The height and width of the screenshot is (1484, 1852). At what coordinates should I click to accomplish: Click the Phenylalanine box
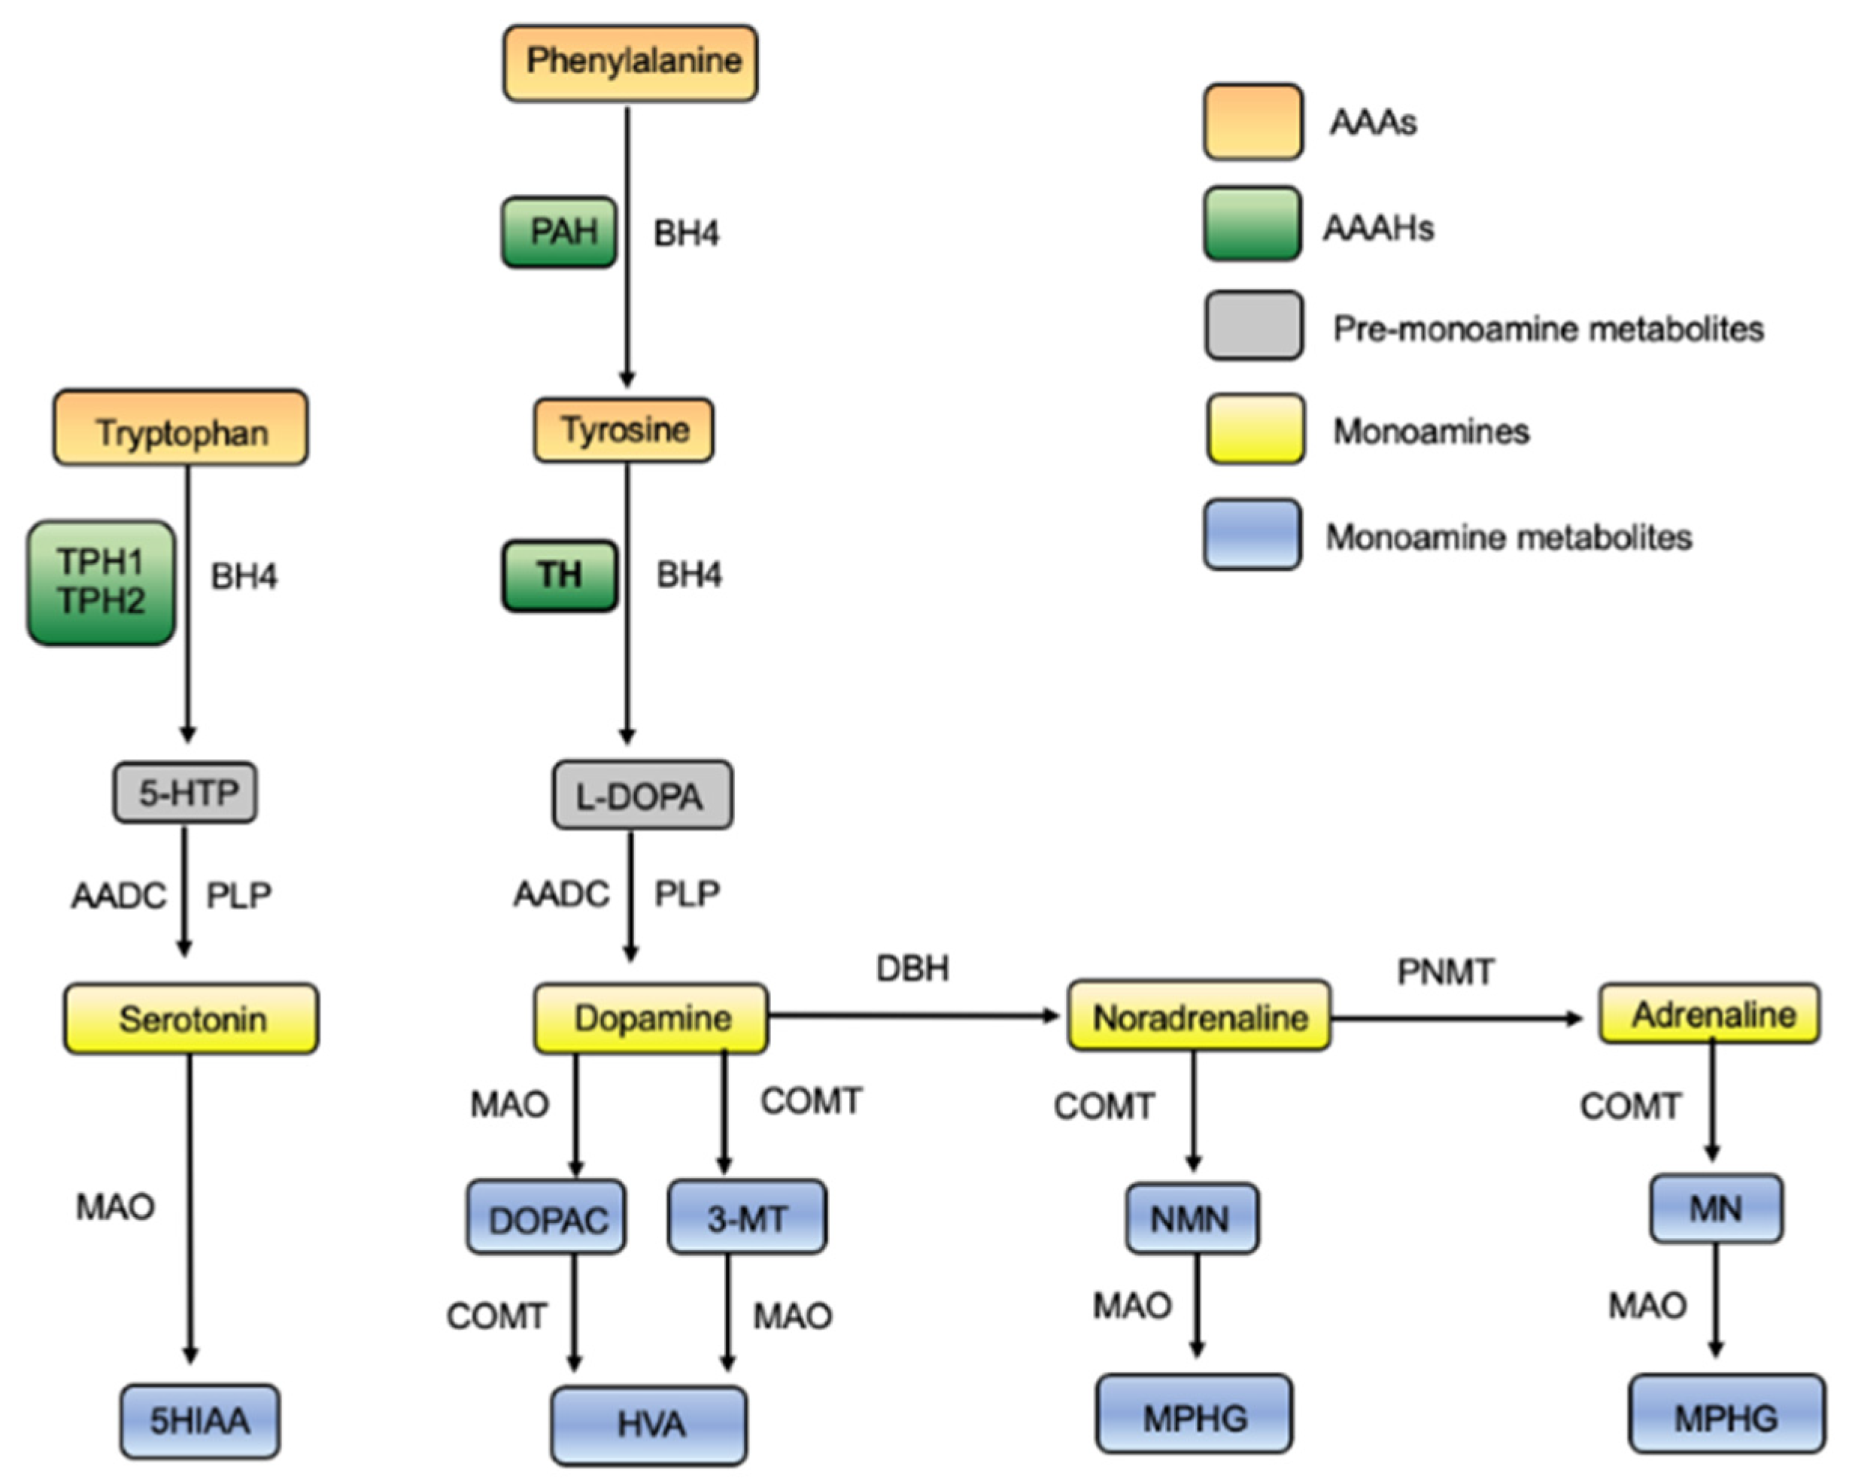pos(630,62)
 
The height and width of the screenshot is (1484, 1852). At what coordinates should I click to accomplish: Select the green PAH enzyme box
pos(559,232)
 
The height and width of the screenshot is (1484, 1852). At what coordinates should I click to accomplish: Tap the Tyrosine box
pos(624,429)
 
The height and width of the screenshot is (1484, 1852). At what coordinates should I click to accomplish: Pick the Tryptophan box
pos(181,428)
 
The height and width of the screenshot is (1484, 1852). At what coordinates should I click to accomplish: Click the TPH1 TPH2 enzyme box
pos(102,582)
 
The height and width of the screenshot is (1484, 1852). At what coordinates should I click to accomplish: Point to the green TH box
pos(559,575)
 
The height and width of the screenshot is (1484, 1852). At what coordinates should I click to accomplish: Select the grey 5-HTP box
pos(186,792)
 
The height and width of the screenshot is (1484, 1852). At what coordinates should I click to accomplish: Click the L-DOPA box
pos(642,795)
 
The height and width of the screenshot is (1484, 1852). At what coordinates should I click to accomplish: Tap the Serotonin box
pos(191,1018)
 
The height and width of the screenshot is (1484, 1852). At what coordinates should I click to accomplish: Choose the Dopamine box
pos(651,1018)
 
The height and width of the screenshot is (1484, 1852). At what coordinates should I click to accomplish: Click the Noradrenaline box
pos(1199,1017)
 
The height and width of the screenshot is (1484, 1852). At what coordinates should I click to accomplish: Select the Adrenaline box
pos(1709,1014)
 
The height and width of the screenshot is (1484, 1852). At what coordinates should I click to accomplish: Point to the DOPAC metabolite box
pos(546,1218)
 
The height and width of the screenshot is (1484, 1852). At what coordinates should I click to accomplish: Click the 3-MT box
pos(746,1218)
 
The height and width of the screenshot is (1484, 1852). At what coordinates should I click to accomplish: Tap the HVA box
pos(649,1425)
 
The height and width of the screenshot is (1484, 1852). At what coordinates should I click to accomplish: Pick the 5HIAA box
pos(199,1422)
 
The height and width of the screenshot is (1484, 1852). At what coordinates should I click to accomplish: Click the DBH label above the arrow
pos(912,969)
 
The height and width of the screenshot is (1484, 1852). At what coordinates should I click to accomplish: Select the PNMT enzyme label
pos(1446,972)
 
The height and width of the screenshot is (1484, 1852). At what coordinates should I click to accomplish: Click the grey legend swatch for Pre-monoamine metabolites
pos(1253,326)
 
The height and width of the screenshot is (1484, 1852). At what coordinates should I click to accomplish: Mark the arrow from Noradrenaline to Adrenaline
pos(1456,1018)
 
